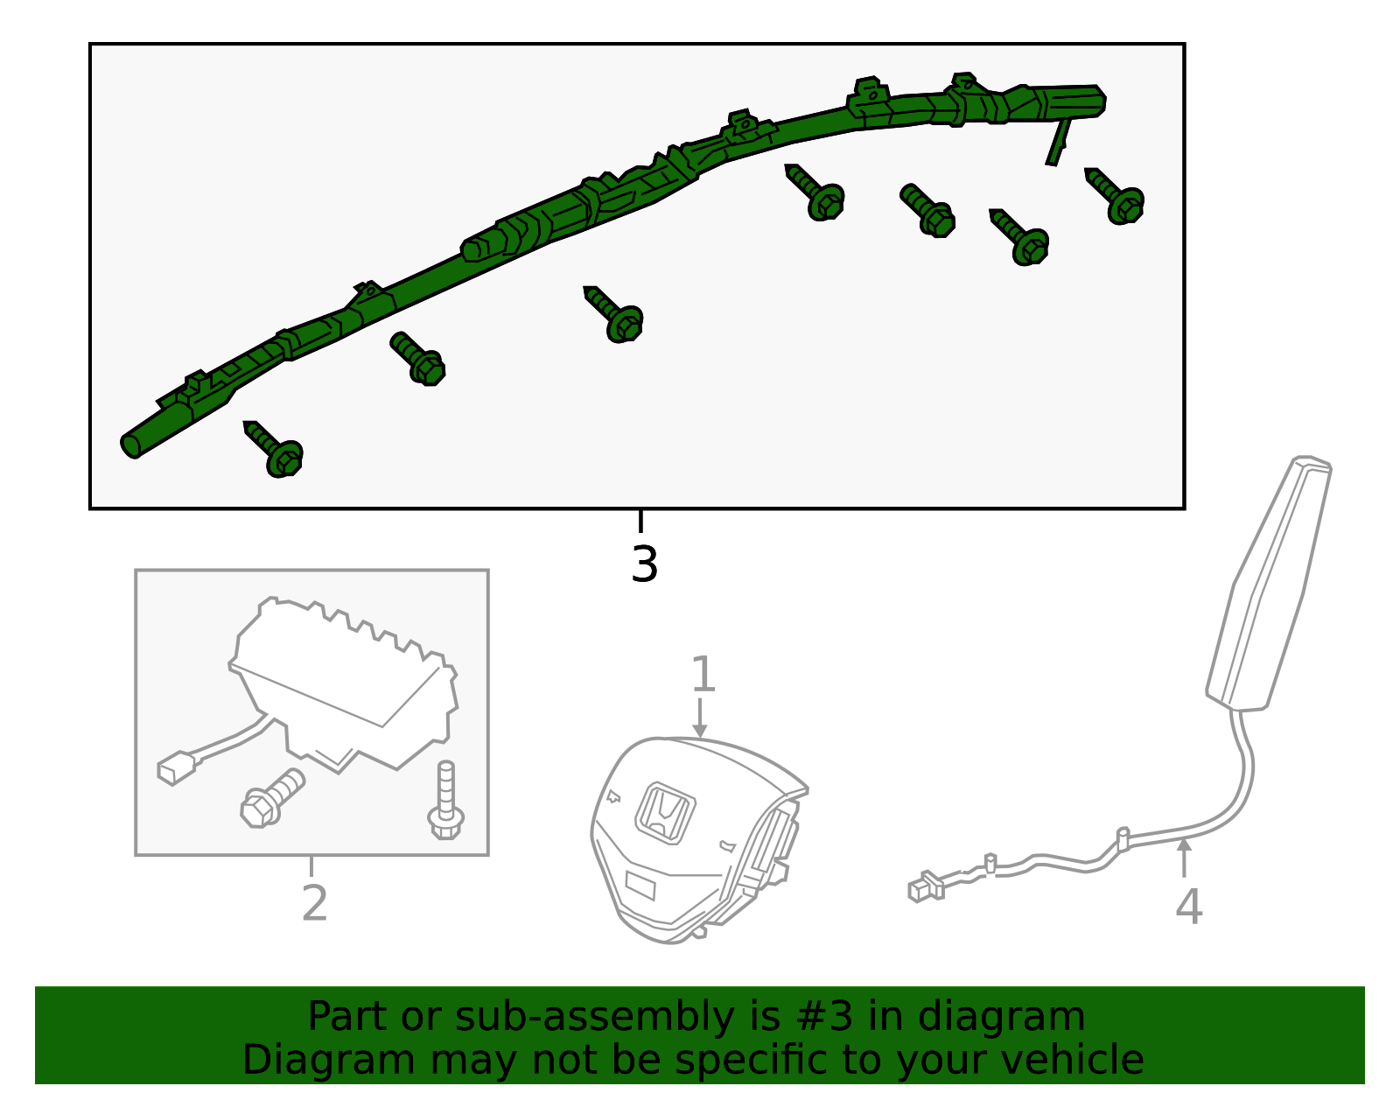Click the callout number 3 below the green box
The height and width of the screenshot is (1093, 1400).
click(x=644, y=564)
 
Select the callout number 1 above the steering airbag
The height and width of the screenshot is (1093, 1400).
click(x=703, y=674)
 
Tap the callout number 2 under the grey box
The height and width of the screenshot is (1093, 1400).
click(x=314, y=903)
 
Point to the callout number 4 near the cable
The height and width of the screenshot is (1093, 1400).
click(x=1188, y=906)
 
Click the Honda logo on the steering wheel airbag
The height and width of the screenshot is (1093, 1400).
click(x=665, y=813)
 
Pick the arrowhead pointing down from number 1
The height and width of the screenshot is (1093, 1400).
click(x=700, y=731)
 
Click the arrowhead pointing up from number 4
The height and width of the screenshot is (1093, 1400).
click(x=1184, y=844)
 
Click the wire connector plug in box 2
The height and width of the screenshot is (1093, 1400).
click(x=177, y=768)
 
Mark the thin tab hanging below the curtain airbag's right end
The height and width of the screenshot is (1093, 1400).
click(x=1058, y=142)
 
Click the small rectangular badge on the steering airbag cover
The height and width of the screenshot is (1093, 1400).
click(x=640, y=886)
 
